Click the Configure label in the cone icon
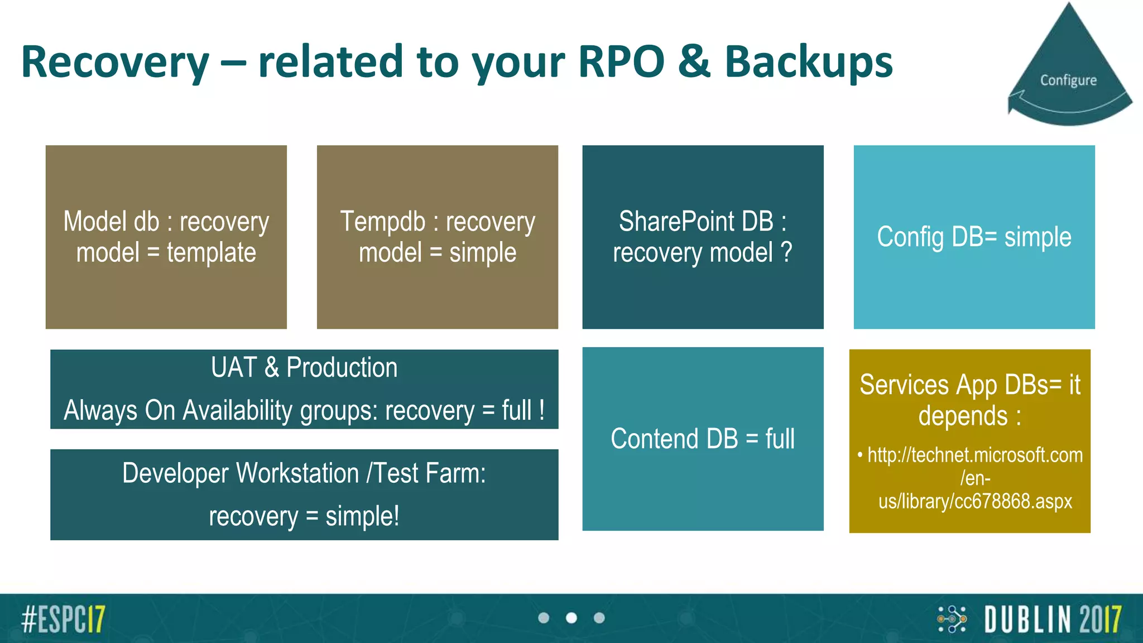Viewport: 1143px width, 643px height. pos(1068,80)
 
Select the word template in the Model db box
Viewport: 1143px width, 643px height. pos(211,253)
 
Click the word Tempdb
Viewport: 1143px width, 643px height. pos(383,222)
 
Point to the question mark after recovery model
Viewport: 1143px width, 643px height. pos(786,252)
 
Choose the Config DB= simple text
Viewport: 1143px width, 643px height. pos(974,237)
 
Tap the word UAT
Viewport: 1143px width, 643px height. pos(234,368)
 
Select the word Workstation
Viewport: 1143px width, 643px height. pos(297,473)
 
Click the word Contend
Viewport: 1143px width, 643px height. pos(654,439)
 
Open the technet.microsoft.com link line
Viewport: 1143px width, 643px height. pos(975,455)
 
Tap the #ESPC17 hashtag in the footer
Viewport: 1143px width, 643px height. pos(63,618)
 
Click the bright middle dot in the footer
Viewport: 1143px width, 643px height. pos(571,618)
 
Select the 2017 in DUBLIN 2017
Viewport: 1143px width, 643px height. pos(1100,619)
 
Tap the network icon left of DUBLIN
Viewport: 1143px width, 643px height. pos(952,619)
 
